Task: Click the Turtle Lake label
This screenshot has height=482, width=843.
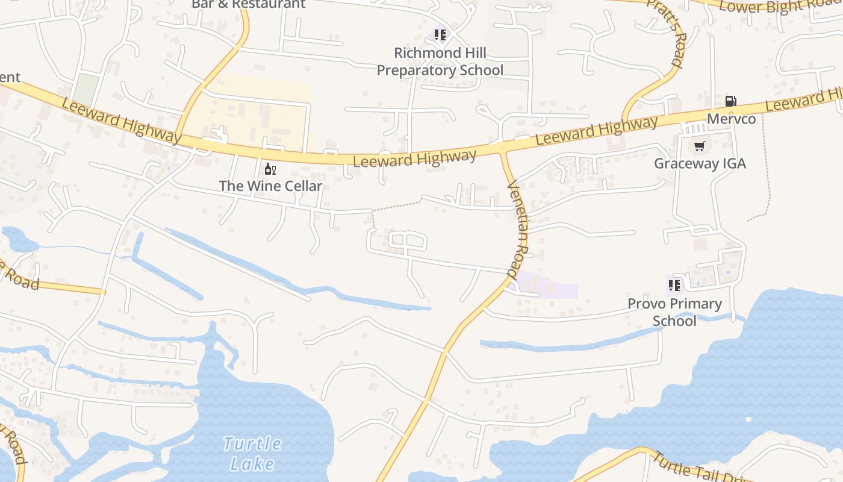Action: pos(252,454)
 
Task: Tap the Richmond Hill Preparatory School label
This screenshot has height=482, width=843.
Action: pos(440,61)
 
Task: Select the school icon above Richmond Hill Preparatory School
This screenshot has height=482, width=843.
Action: pos(440,36)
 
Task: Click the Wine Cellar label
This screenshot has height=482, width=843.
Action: pos(271,186)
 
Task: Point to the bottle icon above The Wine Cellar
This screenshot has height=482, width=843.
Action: pos(270,169)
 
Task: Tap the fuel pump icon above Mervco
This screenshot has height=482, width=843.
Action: pos(730,101)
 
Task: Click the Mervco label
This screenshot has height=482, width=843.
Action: pos(731,119)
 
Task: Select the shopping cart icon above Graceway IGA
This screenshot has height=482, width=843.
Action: pos(699,146)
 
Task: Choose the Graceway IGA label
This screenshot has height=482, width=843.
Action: pos(700,163)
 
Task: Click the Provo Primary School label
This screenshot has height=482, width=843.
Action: pos(674,311)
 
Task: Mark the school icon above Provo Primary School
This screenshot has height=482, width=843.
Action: pos(674,285)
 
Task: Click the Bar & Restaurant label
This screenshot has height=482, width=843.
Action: pos(248,4)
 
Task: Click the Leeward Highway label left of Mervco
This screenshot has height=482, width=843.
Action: pos(596,131)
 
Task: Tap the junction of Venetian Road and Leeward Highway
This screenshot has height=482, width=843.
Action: pos(502,148)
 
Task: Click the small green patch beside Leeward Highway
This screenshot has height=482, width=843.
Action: pos(86,89)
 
